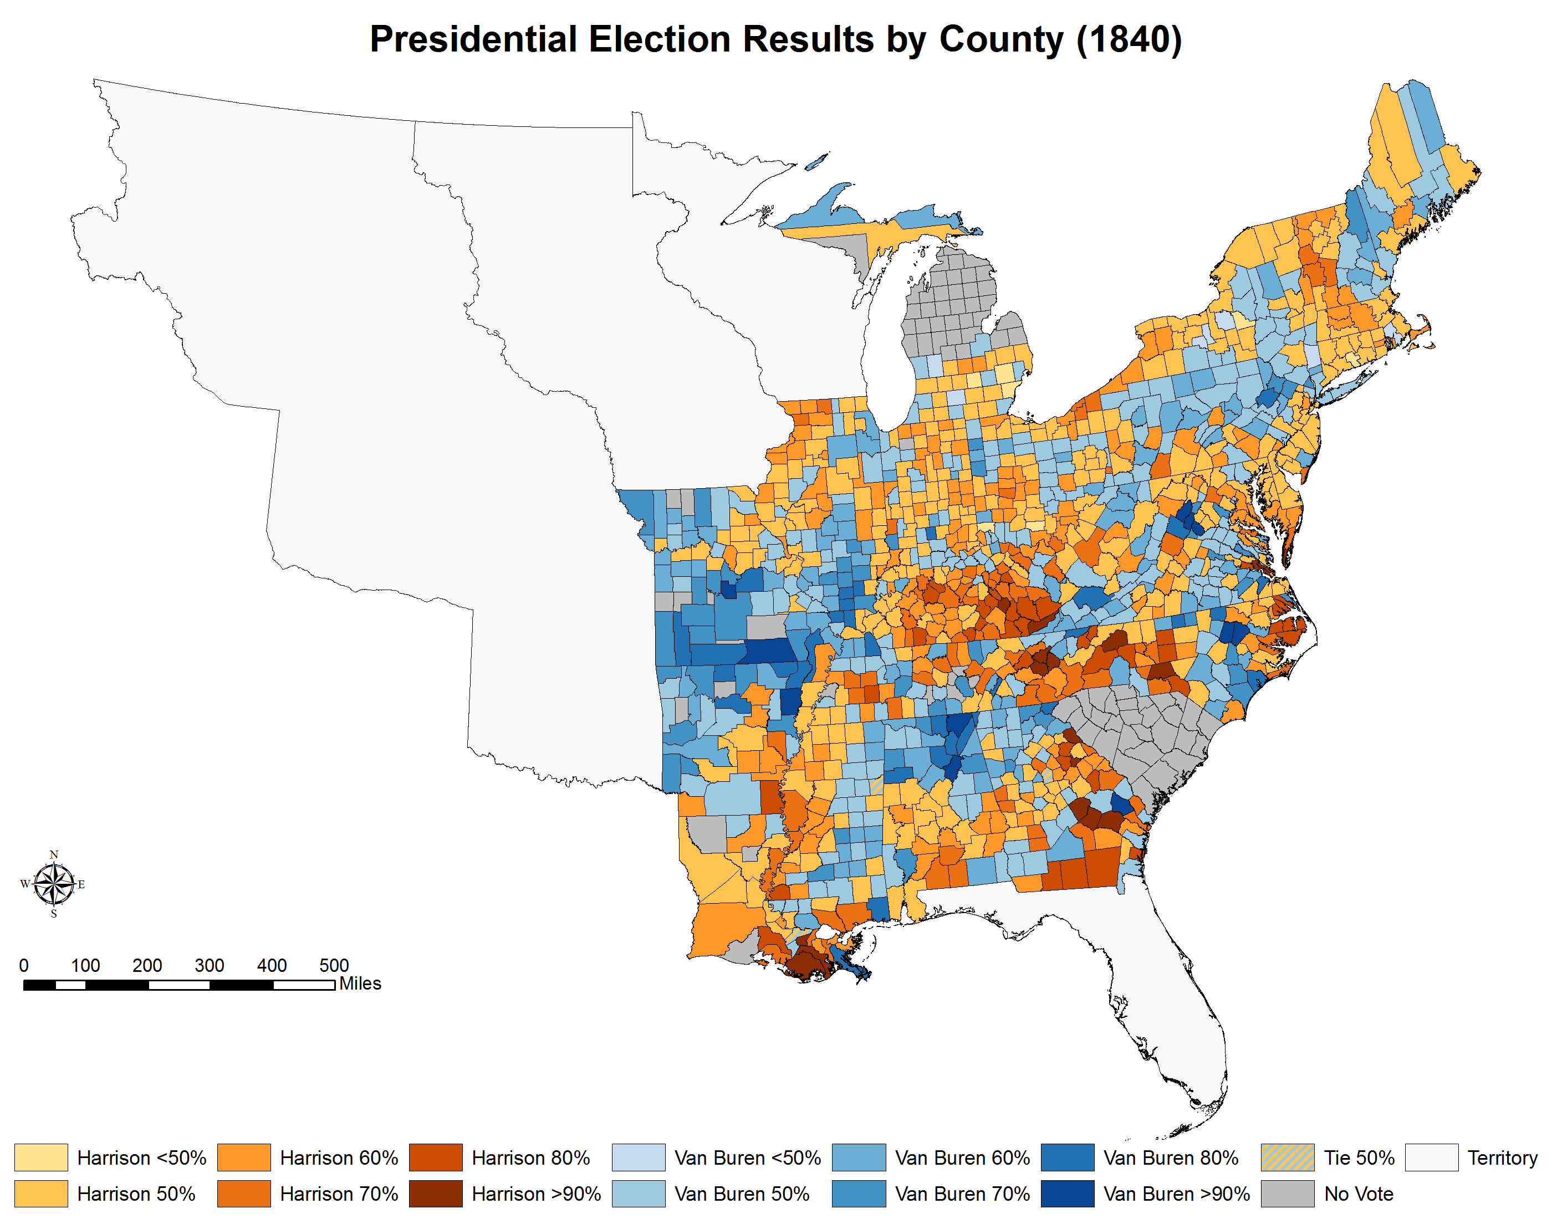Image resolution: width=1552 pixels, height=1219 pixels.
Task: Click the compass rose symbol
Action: [54, 884]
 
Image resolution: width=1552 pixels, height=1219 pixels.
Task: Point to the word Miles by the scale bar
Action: [360, 984]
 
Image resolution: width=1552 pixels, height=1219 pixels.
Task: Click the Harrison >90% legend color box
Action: [436, 1194]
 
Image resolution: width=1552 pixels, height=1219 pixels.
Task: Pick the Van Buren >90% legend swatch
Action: [1067, 1194]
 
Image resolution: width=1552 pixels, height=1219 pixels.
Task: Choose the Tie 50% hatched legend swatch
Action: [1287, 1157]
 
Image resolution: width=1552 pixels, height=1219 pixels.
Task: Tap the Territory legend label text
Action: [1502, 1157]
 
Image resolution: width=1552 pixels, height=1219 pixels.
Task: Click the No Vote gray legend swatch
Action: [1287, 1194]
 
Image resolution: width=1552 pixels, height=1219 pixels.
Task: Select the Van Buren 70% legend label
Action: [962, 1194]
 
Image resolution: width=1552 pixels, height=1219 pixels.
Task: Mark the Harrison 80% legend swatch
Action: [436, 1157]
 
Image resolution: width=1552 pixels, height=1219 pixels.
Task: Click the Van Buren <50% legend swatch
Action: [638, 1157]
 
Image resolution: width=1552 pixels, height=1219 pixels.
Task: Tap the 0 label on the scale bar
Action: [24, 966]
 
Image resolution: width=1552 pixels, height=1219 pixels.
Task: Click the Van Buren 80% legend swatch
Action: [1067, 1157]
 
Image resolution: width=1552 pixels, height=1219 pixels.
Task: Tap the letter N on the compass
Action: [54, 854]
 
